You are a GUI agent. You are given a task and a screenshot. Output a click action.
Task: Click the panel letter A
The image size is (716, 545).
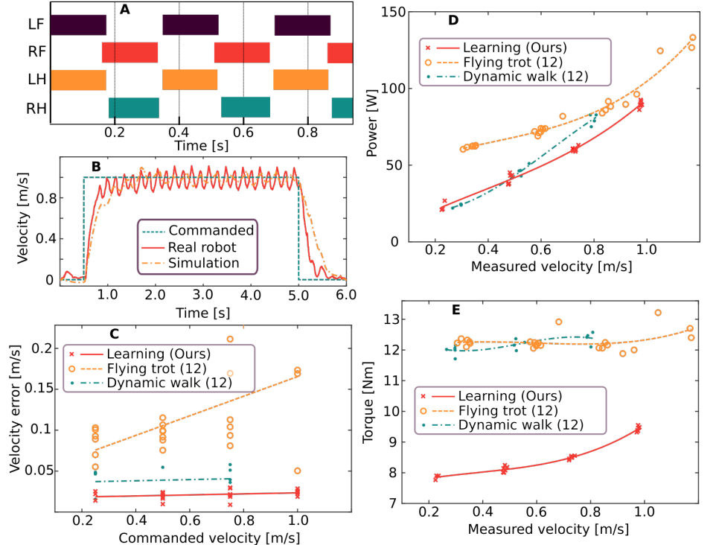tap(124, 10)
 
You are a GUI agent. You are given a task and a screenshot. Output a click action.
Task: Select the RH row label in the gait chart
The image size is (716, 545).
tap(35, 109)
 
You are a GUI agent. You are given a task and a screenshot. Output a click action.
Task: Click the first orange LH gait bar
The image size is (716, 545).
tap(78, 80)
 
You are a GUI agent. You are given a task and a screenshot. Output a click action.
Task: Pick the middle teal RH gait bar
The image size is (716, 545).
tap(245, 107)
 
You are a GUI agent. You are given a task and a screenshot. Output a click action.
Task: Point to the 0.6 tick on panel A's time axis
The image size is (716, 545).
tap(243, 132)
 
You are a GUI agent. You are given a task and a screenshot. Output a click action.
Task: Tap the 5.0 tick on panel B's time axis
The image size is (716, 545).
tap(298, 296)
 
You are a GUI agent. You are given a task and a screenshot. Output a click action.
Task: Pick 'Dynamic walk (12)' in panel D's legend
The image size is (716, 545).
tap(525, 76)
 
